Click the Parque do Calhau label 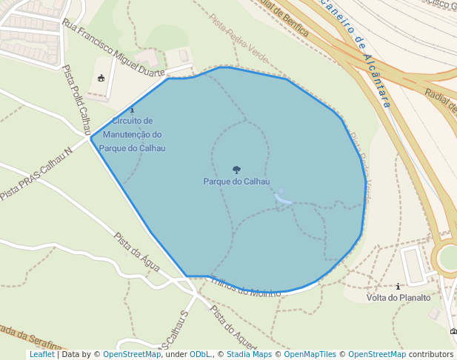click(236, 181)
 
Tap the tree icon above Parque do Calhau click(236, 170)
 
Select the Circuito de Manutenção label click(133, 134)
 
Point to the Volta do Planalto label click(398, 298)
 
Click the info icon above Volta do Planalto click(398, 286)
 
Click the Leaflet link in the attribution click(41, 354)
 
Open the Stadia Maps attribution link click(249, 354)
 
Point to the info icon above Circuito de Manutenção click(132, 110)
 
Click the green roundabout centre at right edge click(450, 257)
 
